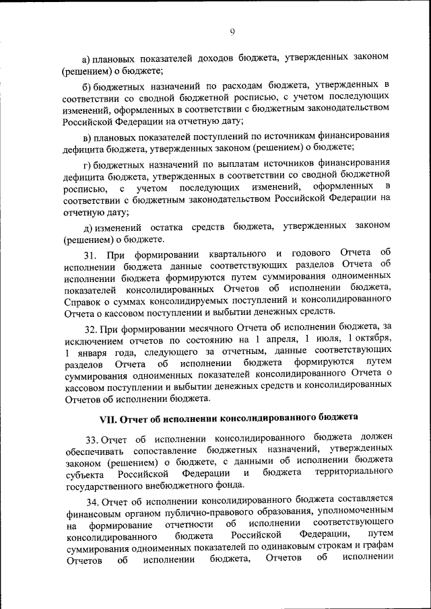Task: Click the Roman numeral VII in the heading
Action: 108,419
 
